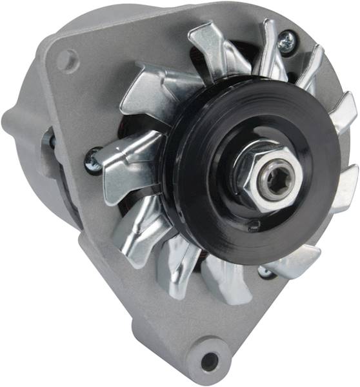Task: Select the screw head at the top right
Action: tap(287, 41)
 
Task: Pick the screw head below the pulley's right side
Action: tap(265, 272)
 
